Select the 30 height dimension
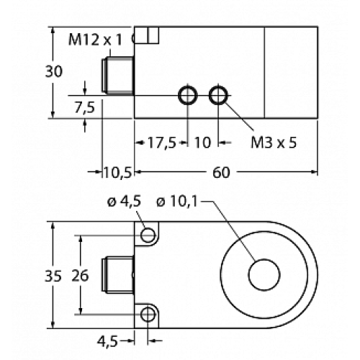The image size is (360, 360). [53, 71]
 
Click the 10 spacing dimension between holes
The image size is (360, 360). [202, 143]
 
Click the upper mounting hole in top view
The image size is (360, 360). [148, 235]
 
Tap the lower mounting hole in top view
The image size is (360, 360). [148, 313]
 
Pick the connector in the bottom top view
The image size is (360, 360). [119, 274]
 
